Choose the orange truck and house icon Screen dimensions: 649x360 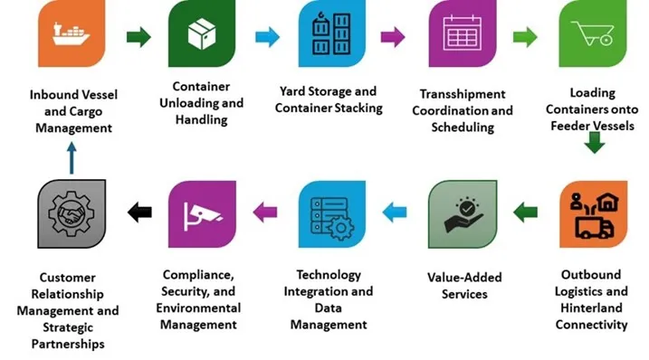[x=593, y=213]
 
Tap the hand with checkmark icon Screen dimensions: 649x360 [x=462, y=214]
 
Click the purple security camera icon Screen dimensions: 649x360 [x=202, y=214]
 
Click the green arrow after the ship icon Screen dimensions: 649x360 [x=138, y=37]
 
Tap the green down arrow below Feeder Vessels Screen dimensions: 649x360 [x=594, y=142]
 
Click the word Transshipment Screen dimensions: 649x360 [x=463, y=94]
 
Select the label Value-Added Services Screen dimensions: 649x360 [x=463, y=286]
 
